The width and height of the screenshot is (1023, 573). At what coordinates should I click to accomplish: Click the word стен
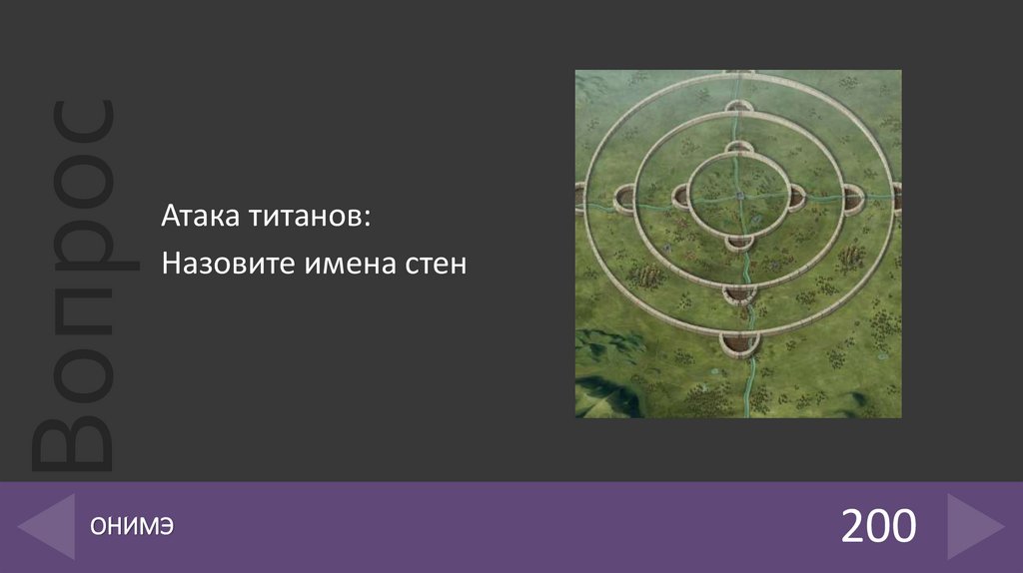pos(436,265)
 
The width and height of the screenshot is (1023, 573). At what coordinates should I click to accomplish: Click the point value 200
pos(878,526)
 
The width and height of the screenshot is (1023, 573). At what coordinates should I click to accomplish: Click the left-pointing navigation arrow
pos(46,526)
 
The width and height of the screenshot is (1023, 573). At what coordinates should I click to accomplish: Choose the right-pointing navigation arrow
pos(975,526)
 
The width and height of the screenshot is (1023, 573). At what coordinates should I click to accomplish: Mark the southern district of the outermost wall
pos(738,342)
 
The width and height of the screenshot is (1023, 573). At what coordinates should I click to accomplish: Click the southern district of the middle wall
pos(738,292)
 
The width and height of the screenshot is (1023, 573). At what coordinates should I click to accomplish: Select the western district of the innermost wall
pos(682,197)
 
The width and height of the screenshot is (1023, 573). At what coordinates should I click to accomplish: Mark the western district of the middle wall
pos(627,198)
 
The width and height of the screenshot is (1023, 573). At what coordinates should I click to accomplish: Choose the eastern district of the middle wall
pos(850,199)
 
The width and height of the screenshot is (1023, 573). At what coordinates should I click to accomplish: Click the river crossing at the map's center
pos(738,196)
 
